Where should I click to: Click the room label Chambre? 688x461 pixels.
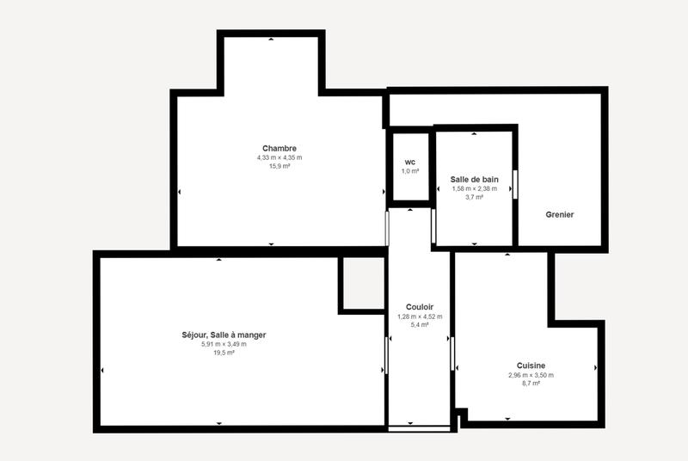(x=279, y=148)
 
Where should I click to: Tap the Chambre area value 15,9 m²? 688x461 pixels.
(x=279, y=166)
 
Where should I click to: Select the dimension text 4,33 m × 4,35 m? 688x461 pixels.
(x=279, y=157)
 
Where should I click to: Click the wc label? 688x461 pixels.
(x=410, y=162)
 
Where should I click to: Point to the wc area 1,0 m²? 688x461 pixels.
(x=410, y=171)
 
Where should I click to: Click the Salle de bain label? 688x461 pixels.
(x=475, y=179)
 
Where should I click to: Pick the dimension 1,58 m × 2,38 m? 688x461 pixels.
(x=475, y=188)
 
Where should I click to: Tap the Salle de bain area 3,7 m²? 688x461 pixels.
(x=475, y=197)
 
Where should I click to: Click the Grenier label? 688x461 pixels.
(x=559, y=214)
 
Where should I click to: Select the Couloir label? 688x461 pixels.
(x=420, y=307)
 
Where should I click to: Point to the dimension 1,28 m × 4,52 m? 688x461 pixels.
(x=420, y=317)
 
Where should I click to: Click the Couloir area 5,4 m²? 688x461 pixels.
(x=420, y=325)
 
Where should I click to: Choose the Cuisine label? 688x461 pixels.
(x=531, y=365)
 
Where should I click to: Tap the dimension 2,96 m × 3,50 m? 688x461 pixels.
(x=531, y=375)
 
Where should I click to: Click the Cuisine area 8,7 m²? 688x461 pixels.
(x=531, y=384)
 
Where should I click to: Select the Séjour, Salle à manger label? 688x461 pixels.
(x=224, y=335)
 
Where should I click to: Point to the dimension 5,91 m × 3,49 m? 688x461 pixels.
(x=224, y=344)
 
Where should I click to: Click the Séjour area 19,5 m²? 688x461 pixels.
(x=224, y=353)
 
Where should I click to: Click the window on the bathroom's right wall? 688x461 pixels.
(x=515, y=184)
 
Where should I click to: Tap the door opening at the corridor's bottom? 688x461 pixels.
(x=419, y=428)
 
